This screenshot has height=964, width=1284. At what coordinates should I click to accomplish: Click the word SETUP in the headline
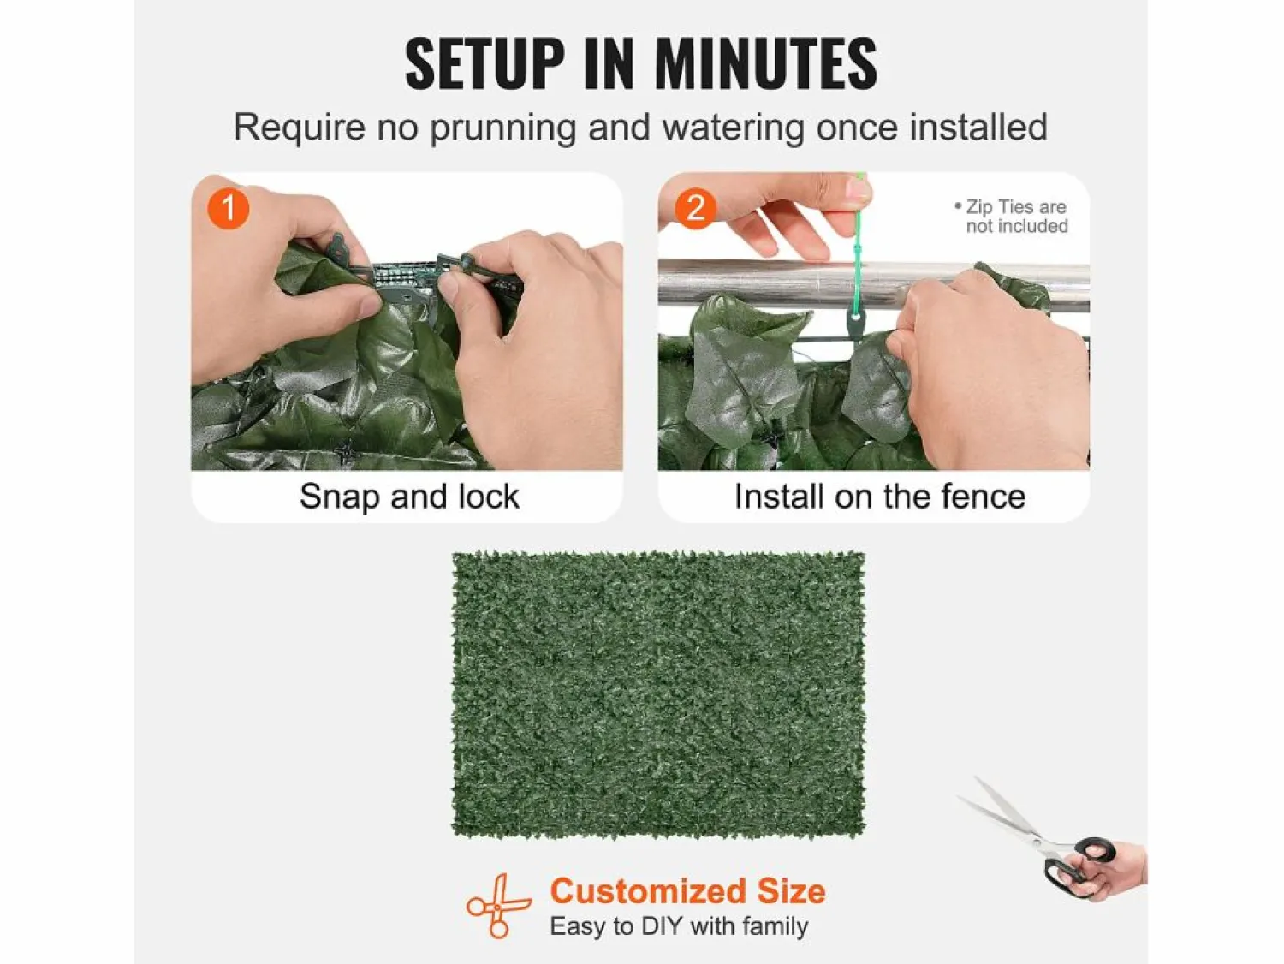coord(484,63)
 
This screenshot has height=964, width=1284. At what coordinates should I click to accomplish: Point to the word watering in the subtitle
coord(734,128)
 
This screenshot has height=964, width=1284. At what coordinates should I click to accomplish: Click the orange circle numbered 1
coord(229,208)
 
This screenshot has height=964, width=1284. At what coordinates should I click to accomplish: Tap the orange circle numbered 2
coord(696,208)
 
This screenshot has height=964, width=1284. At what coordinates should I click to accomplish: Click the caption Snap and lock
coord(409,497)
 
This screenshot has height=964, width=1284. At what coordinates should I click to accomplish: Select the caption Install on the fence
coord(880,497)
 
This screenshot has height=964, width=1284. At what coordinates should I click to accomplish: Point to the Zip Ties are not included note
coord(1012,216)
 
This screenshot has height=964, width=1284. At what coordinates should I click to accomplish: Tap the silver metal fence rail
coord(760,284)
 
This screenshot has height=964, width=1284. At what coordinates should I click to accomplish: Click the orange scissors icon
coord(498,906)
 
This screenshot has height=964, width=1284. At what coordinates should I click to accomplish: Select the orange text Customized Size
coord(687,891)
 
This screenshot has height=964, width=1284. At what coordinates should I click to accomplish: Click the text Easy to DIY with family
coord(679,926)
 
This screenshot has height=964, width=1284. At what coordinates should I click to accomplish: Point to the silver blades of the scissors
coord(1002,814)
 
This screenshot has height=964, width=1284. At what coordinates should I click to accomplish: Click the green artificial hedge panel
coord(658,694)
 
